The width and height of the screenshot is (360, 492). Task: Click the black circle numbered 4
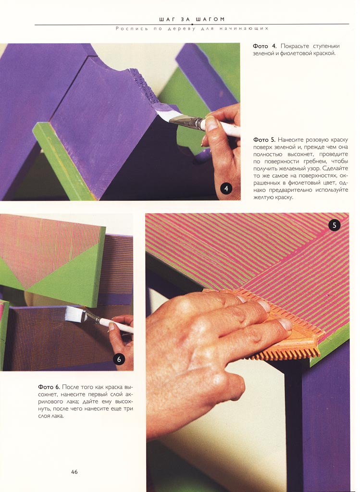[x=226, y=188]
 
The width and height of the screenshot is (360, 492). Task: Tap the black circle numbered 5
[x=334, y=225]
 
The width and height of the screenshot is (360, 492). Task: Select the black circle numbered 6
[x=119, y=359]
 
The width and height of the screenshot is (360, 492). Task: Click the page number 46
[x=74, y=472]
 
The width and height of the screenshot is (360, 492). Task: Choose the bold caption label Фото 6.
[x=49, y=387]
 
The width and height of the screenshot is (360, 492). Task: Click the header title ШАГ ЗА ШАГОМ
[x=192, y=19]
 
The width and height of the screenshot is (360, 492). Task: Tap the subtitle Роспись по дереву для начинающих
[x=192, y=28]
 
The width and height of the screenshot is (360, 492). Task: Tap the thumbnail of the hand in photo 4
[x=211, y=123]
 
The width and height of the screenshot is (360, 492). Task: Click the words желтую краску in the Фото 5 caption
[x=273, y=197]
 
